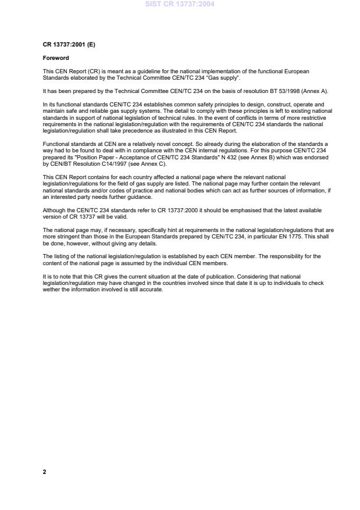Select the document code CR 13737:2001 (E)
(67, 45)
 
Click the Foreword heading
(56, 58)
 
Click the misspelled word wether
(51, 290)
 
